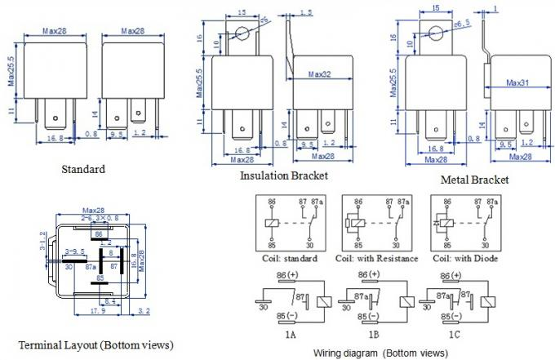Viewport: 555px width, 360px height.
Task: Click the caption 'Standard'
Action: coord(83,170)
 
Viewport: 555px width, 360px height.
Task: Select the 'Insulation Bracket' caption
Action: coord(283,176)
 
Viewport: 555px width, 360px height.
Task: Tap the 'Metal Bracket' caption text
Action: coord(474,179)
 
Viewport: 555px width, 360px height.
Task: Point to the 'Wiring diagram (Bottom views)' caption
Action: coord(380,353)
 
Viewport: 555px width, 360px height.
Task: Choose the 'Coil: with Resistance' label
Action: coord(376,259)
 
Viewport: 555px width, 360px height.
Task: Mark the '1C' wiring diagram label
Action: coord(460,335)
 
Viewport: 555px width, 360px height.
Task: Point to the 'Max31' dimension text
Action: coord(518,83)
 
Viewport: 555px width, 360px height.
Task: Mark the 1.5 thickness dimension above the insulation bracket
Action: coord(306,12)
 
